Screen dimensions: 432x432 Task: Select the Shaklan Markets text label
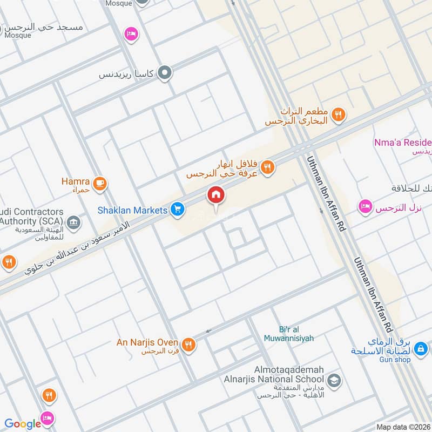point(132,210)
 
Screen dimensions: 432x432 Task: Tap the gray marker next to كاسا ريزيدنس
point(165,72)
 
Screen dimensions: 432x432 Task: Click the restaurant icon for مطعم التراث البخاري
point(339,114)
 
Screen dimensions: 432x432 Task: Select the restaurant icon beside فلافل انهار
point(267,168)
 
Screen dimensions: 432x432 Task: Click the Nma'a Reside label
point(402,143)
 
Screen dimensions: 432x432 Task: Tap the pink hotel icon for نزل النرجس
point(366,207)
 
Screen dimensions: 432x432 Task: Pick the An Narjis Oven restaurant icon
point(188,344)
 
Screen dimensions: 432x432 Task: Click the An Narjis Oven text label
point(147,342)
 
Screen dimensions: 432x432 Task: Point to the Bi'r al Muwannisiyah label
point(288,334)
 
